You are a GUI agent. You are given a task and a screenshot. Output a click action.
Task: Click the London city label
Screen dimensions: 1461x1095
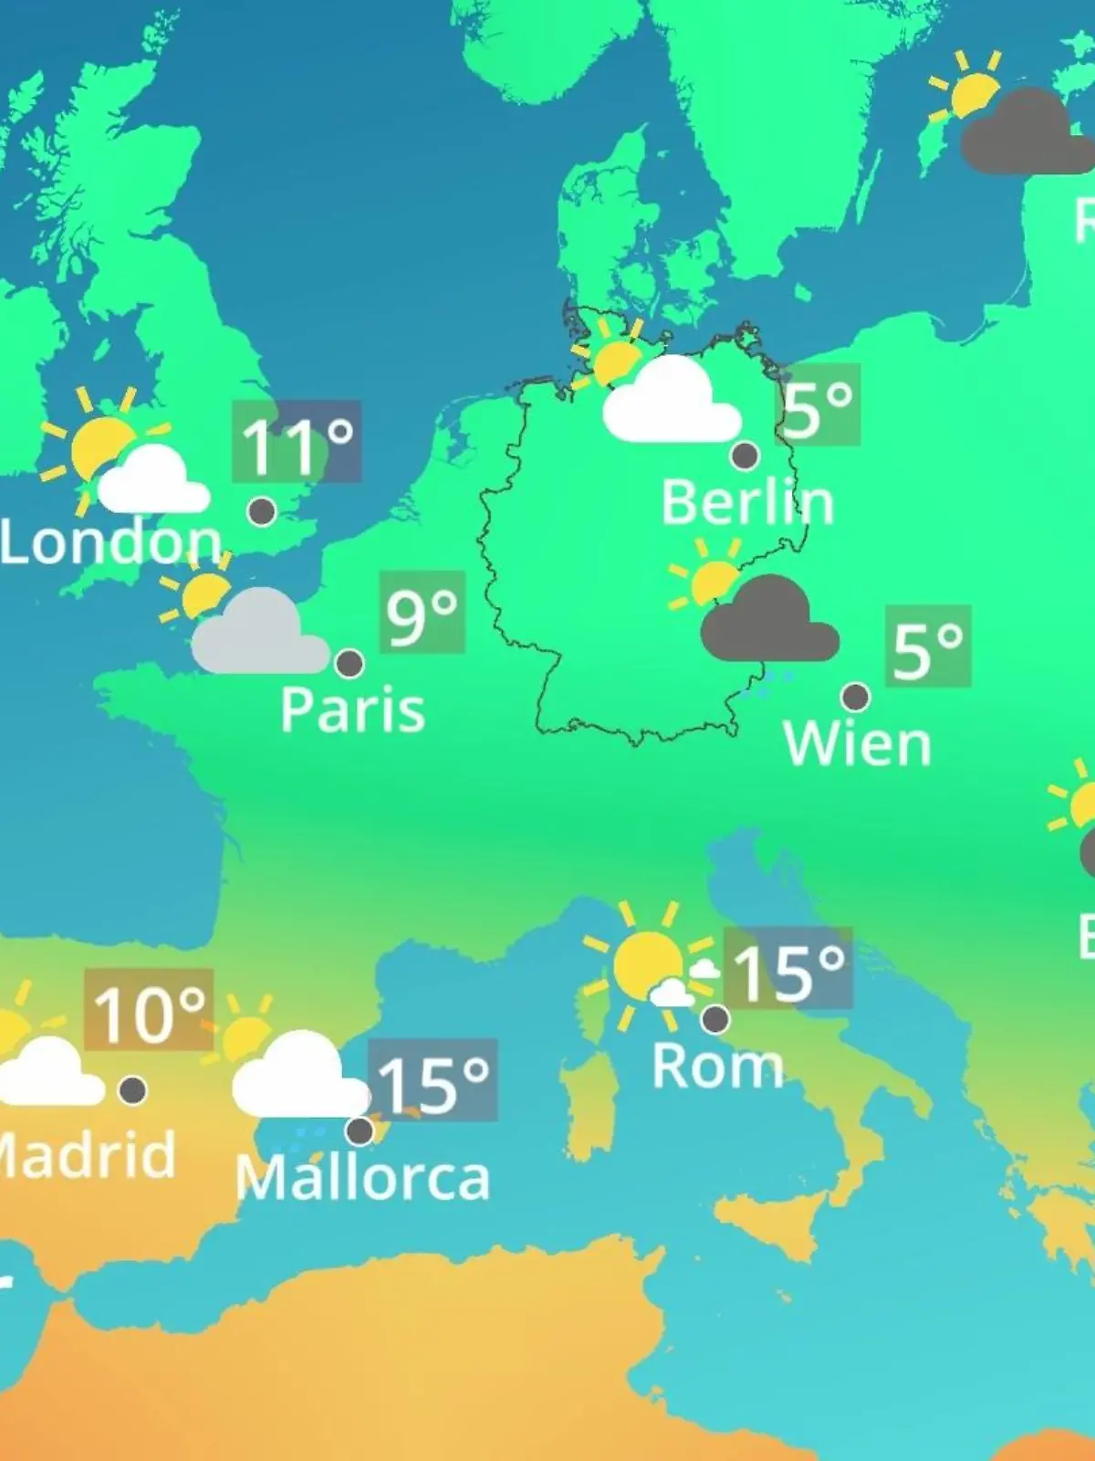109,541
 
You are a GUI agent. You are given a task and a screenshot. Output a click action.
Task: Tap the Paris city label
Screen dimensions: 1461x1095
352,710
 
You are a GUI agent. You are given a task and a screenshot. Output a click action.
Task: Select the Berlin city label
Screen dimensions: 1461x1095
747,502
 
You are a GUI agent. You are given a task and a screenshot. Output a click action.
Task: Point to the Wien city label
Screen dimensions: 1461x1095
857,744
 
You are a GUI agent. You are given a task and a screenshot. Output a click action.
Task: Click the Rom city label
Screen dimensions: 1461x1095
718,1066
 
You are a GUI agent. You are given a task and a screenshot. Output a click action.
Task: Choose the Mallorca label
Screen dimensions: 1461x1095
362,1178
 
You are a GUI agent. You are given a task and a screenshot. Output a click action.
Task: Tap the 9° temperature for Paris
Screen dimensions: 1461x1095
422,613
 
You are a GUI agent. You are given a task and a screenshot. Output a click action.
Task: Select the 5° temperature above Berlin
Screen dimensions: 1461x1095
818,405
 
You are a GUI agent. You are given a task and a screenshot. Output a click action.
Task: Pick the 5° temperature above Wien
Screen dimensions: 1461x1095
927,646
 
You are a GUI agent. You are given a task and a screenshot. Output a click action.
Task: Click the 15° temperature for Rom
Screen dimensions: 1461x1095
788,970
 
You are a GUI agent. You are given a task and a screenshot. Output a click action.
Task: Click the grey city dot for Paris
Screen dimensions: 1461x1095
349,663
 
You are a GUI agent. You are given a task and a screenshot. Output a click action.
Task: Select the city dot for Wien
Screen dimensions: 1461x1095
855,697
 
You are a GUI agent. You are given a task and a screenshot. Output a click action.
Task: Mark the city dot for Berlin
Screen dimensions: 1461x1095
745,455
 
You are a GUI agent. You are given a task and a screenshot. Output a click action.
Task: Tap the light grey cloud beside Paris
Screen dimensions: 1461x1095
259,636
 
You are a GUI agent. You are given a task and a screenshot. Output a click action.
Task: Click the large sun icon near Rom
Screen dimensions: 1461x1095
646,963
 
